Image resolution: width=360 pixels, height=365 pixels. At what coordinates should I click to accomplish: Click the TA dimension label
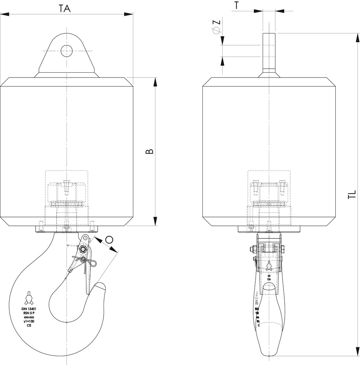(65, 8)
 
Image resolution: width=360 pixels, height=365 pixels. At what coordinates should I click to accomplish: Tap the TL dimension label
(352, 195)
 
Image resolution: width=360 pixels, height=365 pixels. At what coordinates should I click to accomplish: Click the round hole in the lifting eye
(66, 51)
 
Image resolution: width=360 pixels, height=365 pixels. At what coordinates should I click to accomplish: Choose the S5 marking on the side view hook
(269, 275)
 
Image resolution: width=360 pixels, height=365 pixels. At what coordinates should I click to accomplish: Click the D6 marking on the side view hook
(269, 279)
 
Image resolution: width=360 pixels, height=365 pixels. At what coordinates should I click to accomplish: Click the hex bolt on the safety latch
(84, 250)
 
